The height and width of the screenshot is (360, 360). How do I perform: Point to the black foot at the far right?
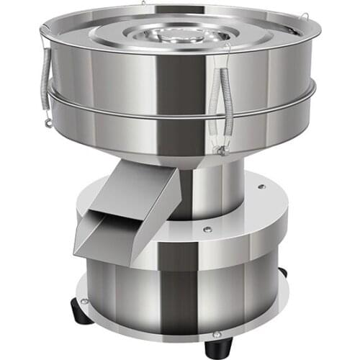click(283, 272)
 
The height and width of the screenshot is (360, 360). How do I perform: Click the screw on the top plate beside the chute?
click(207, 229)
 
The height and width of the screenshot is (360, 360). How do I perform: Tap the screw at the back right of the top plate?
click(261, 186)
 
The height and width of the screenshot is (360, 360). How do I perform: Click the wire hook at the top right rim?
click(303, 17)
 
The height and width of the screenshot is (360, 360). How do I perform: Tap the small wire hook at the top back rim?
click(144, 4)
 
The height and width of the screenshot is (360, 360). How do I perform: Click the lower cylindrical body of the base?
click(180, 288)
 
